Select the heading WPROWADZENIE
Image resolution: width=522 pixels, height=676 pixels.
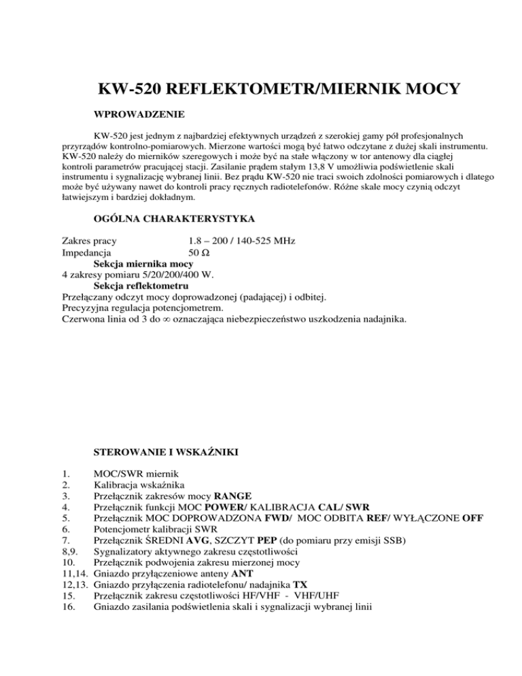tap(137, 114)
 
